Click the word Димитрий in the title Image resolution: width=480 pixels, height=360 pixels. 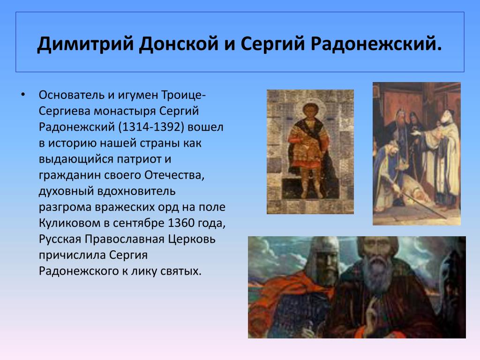pos(85,44)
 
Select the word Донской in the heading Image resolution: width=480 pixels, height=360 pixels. pos(179,44)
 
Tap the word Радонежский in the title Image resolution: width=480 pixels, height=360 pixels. pos(376,44)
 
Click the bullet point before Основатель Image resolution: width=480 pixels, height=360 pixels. pos(23,95)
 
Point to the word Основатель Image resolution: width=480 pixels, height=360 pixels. pos(72,95)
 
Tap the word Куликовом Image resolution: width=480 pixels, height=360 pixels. pos(69,223)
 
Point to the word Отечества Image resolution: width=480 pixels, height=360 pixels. pos(174,175)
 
